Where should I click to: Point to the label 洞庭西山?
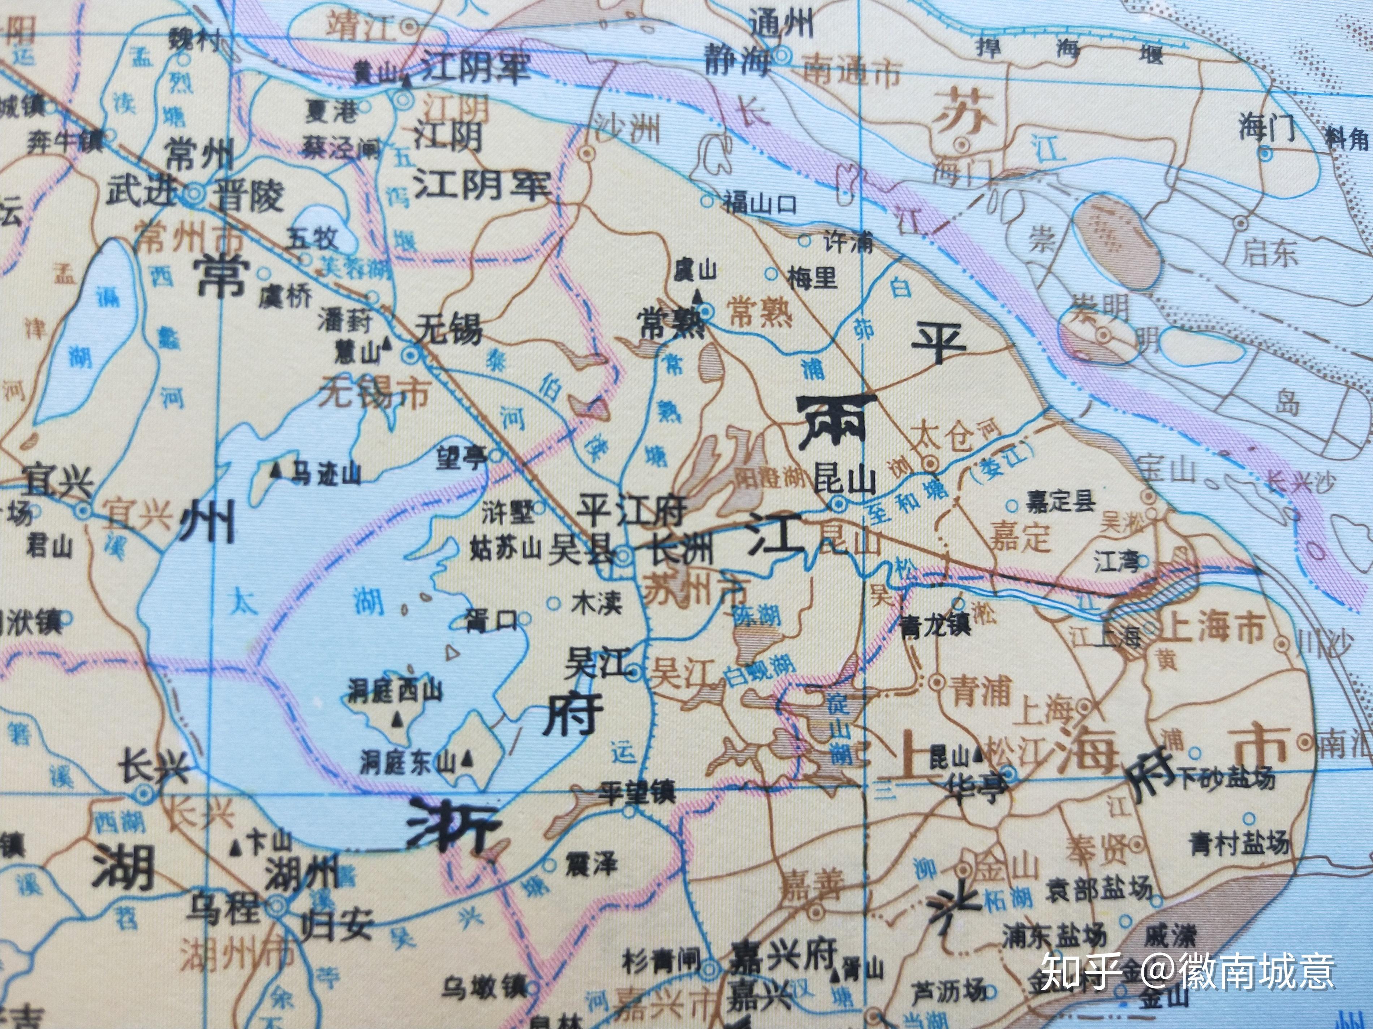click(395, 690)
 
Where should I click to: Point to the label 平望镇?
click(636, 793)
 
